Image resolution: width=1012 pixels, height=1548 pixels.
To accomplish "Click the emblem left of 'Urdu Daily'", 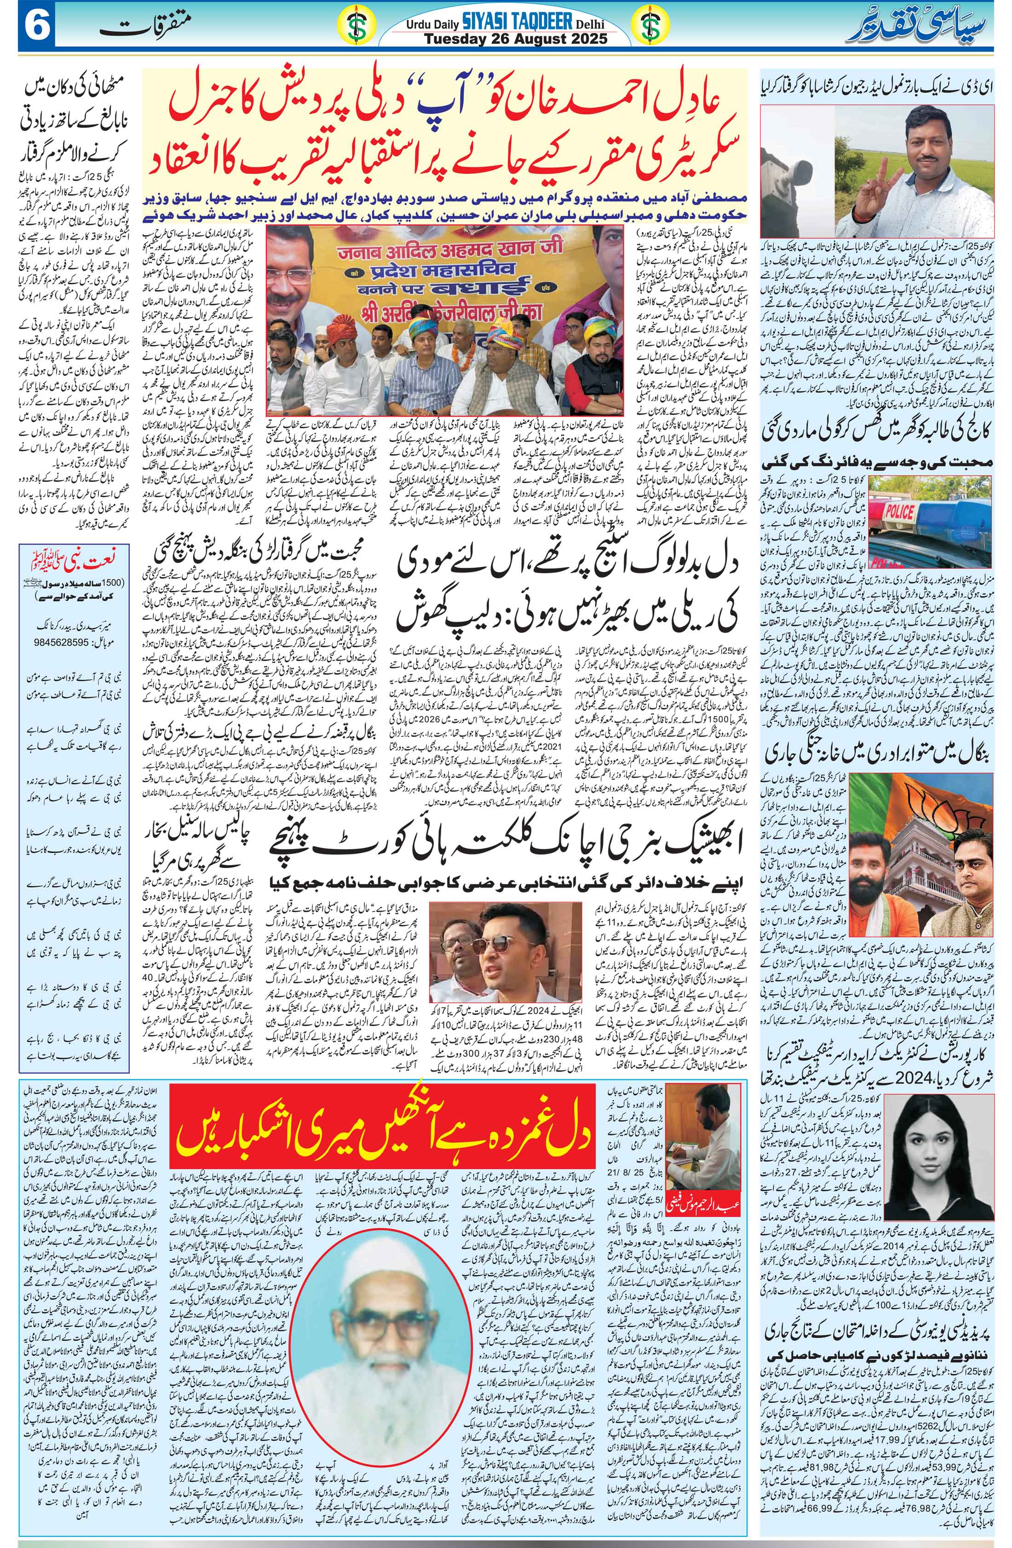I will pyautogui.click(x=355, y=27).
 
